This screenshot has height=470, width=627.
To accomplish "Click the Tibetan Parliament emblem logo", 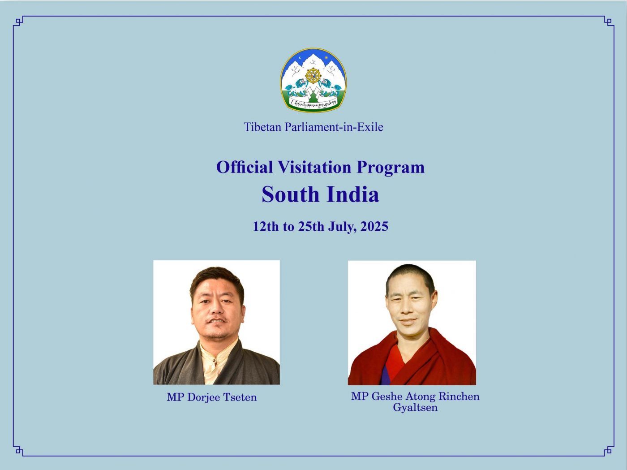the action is [313, 80].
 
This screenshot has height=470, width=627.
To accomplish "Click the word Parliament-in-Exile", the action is [334, 127].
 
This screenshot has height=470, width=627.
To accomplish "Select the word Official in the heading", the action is [245, 167].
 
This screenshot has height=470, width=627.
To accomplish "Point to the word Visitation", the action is [314, 167].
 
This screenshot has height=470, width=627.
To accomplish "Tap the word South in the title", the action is [290, 194].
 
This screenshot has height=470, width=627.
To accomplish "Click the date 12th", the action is [266, 227].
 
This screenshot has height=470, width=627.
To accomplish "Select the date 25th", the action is [311, 227].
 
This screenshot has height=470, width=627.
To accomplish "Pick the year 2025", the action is [374, 227].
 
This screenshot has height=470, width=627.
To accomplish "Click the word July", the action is [343, 227].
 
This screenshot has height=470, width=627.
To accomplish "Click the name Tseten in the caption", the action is [240, 397].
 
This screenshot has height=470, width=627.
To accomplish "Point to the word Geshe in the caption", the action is [387, 396].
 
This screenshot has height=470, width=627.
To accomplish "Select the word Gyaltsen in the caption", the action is [415, 408].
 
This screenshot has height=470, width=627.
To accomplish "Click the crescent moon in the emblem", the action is [300, 59].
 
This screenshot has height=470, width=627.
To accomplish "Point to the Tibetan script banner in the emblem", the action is [313, 103].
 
